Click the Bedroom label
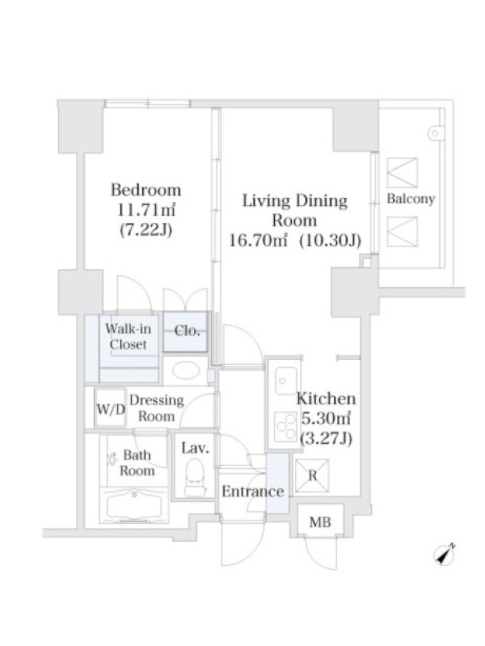(x=146, y=190)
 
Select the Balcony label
(x=411, y=199)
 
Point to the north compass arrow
(x=445, y=555)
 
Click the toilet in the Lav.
(x=195, y=476)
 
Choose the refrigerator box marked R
(x=312, y=476)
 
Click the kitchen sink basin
(x=286, y=380)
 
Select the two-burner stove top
(x=285, y=426)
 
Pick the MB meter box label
(x=320, y=522)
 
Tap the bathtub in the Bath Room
(x=134, y=507)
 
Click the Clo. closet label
(x=187, y=330)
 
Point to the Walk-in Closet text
(x=129, y=336)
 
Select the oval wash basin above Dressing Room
(x=186, y=370)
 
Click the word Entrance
(x=253, y=491)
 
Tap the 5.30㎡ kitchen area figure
(x=327, y=418)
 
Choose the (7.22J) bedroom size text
(x=145, y=229)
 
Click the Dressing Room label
(x=156, y=408)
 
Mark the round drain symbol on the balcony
(x=435, y=133)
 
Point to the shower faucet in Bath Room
(x=112, y=458)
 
